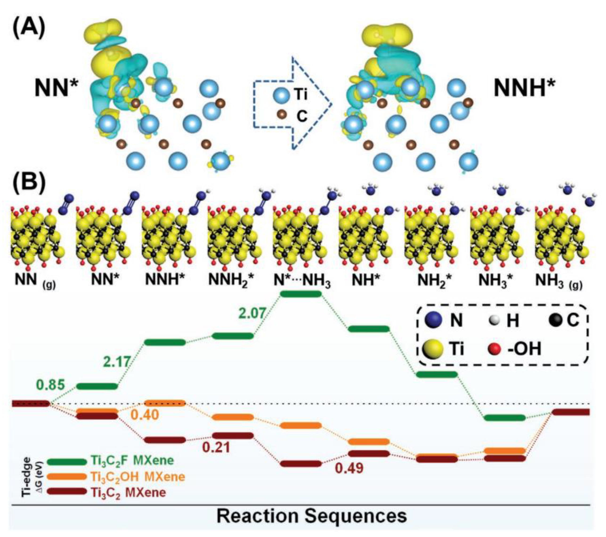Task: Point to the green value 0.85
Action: pyautogui.click(x=50, y=385)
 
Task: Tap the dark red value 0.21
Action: pyautogui.click(x=216, y=447)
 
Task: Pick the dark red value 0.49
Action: pyautogui.click(x=349, y=468)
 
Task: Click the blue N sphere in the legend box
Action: pyautogui.click(x=433, y=320)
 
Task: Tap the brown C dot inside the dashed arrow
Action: pyautogui.click(x=282, y=115)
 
